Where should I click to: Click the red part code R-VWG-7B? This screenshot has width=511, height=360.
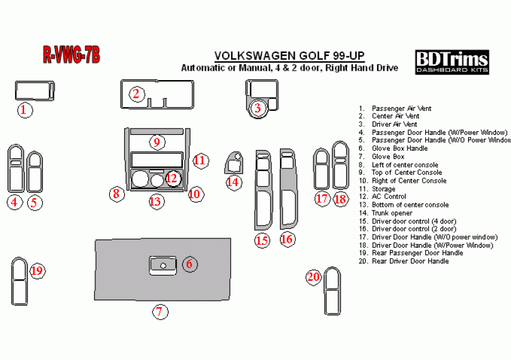72,55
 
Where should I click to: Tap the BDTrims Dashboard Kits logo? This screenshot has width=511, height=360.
452,62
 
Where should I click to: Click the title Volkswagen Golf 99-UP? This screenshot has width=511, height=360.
290,55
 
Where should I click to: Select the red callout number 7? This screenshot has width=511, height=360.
160,312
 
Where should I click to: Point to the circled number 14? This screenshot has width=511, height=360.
233,182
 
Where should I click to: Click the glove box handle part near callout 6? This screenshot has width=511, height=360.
163,265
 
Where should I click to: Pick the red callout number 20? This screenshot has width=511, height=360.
314,277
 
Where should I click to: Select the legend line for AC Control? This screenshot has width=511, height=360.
382,197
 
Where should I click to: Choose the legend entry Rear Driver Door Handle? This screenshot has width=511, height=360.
404,261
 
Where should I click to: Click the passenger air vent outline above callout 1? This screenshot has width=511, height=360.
35,91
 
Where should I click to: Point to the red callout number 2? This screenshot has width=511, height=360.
136,94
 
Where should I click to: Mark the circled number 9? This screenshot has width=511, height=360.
157,142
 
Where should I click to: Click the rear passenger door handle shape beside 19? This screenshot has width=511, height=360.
19,281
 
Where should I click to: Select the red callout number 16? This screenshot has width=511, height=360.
287,240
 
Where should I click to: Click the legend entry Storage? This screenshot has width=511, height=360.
377,189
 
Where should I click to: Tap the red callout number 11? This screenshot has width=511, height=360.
201,160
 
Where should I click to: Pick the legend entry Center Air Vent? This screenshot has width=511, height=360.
389,116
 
